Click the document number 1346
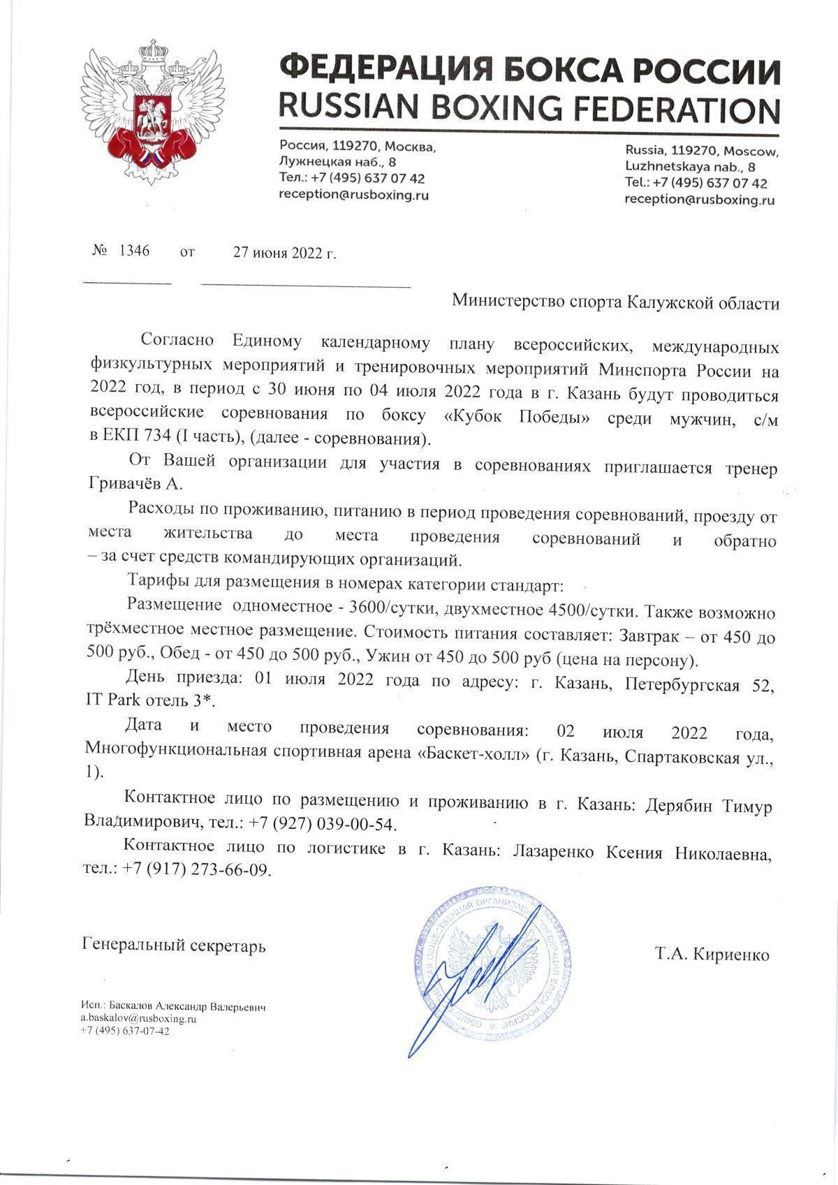(135, 251)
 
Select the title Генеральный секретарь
(174, 947)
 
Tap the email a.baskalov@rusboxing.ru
(138, 1019)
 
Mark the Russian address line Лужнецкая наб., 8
(337, 162)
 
